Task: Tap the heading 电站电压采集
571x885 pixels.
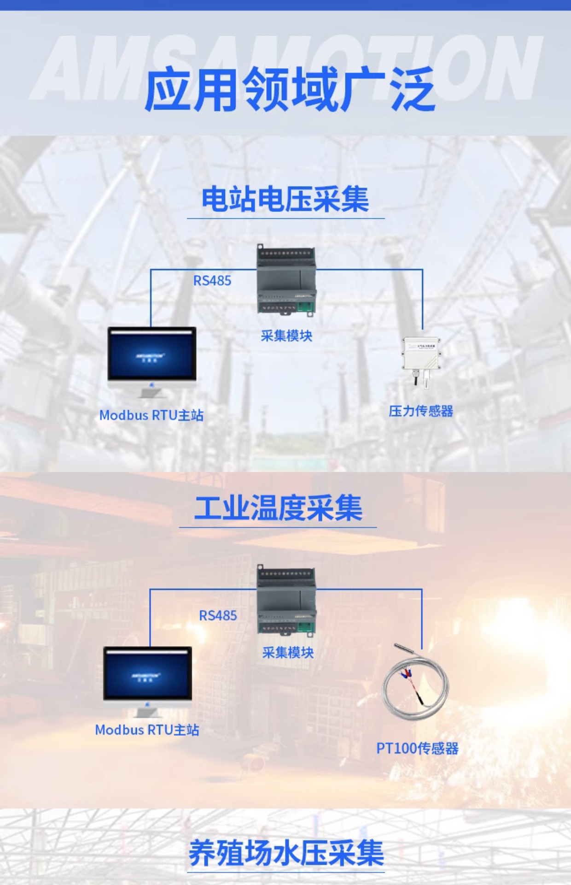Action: click(285, 200)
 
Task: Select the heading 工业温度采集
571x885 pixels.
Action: click(278, 508)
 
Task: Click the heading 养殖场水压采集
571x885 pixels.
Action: click(286, 853)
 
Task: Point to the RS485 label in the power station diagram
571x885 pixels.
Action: click(212, 281)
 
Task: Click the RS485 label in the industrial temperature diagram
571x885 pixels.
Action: click(218, 615)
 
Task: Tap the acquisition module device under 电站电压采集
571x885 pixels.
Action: click(286, 279)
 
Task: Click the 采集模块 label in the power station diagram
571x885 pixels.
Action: click(286, 336)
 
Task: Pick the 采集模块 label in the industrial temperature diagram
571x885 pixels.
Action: click(288, 652)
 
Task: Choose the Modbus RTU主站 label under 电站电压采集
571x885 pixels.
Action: click(151, 415)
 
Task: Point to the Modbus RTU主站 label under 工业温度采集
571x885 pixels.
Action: click(147, 730)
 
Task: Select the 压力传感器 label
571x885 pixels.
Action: click(421, 411)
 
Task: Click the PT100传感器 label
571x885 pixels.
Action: click(417, 748)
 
